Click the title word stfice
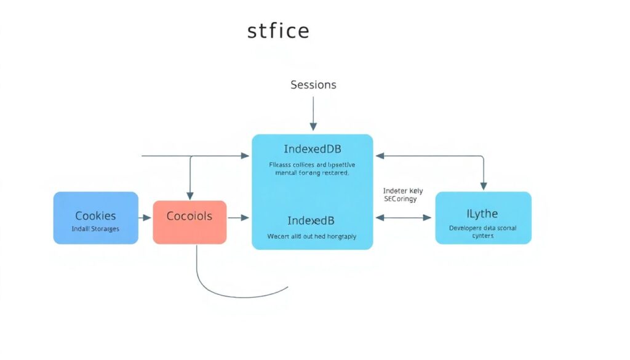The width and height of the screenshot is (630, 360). coord(278,31)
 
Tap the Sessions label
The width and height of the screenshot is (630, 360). coord(313,85)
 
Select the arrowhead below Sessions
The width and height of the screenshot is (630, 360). coord(313,126)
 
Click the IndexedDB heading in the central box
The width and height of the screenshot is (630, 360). coord(313,149)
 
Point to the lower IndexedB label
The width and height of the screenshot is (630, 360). coord(312,220)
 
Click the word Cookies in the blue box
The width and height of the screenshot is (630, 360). coord(95,216)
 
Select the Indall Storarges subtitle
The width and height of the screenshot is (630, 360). coord(95,229)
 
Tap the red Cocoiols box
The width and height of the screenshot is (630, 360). coord(189,222)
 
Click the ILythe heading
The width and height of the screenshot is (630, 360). coord(482,214)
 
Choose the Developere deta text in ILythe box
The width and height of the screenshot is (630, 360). coord(483,228)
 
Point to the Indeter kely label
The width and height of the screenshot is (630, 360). coord(402,191)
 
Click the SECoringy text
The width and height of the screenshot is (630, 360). coord(400,199)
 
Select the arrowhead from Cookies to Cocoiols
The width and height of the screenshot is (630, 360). coord(147,218)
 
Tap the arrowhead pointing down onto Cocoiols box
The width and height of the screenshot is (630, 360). coord(190,196)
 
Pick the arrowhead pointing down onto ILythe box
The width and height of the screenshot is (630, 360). coord(483,186)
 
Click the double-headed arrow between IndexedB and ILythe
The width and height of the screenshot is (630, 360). coord(404,218)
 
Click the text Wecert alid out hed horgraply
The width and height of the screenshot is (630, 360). coord(312,236)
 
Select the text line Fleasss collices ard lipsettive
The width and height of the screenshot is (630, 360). coord(312,165)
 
